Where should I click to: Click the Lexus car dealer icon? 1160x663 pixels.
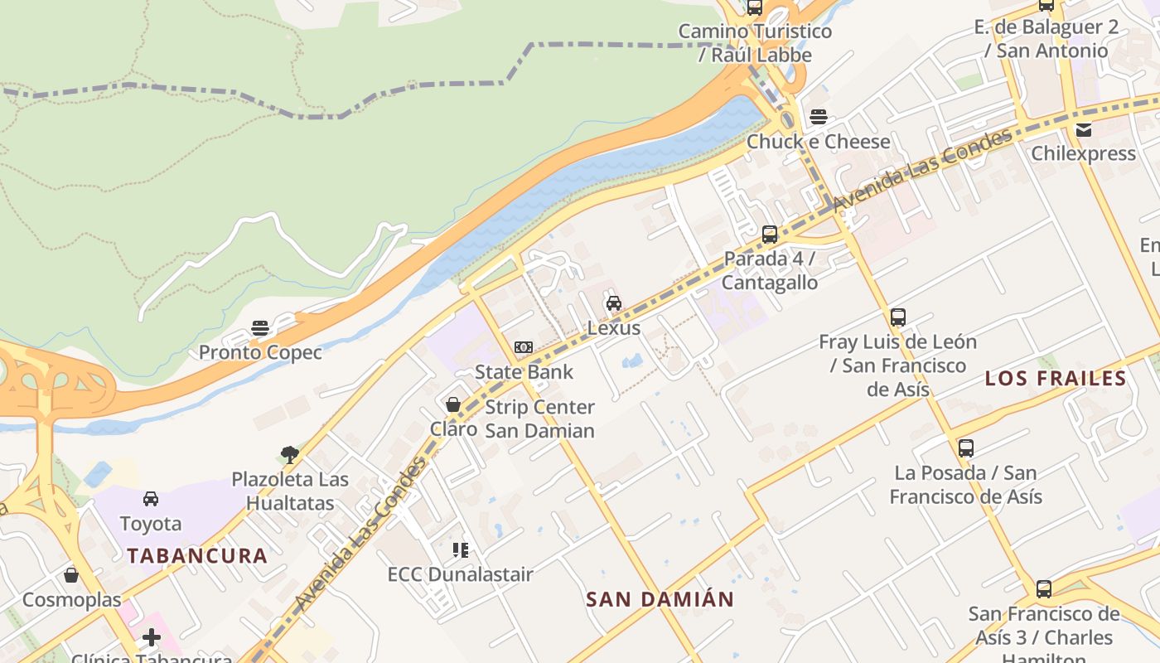click(613, 303)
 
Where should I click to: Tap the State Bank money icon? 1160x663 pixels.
click(523, 347)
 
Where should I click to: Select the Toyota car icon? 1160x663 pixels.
click(151, 499)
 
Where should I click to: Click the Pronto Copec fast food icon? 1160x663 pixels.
click(260, 328)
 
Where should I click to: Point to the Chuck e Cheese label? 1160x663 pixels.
click(818, 142)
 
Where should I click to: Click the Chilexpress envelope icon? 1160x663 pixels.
click(1083, 129)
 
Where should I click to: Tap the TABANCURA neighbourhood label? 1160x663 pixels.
click(197, 556)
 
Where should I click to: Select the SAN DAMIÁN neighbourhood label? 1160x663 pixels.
click(660, 599)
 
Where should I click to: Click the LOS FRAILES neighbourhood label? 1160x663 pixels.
click(1055, 379)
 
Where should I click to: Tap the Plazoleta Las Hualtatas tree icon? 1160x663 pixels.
click(289, 454)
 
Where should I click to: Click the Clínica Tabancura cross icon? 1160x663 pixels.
click(151, 637)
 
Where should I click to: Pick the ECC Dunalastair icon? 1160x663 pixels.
click(461, 549)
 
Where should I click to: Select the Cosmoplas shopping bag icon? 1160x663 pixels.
click(71, 575)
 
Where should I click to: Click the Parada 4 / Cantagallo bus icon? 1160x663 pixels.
click(769, 235)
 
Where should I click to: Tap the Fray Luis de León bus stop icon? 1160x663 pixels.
click(897, 317)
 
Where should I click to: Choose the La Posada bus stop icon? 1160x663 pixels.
click(965, 448)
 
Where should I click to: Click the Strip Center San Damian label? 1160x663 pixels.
click(539, 419)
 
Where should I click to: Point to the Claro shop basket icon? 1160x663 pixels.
click(452, 404)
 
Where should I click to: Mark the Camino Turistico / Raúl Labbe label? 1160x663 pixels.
click(755, 43)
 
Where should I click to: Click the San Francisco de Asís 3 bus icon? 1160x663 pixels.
click(1044, 589)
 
